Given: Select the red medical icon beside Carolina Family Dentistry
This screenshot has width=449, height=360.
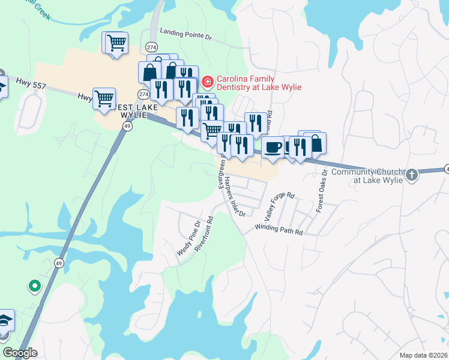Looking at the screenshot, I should (208, 81).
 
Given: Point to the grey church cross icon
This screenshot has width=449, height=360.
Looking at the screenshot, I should (411, 175).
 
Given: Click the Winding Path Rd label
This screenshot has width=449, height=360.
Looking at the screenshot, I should (279, 229).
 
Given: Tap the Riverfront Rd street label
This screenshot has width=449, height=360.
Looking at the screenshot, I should (204, 234).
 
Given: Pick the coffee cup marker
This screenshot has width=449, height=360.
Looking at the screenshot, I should (273, 146).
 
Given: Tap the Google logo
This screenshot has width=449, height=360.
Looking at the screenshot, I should (20, 352).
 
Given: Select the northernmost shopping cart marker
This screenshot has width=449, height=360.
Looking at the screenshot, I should (115, 42).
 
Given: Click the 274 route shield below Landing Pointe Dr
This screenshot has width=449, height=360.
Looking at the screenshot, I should (151, 47).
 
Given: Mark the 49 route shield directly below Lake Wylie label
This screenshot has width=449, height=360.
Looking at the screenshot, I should (127, 126).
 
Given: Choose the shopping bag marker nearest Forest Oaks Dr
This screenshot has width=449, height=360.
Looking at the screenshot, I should (315, 143).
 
